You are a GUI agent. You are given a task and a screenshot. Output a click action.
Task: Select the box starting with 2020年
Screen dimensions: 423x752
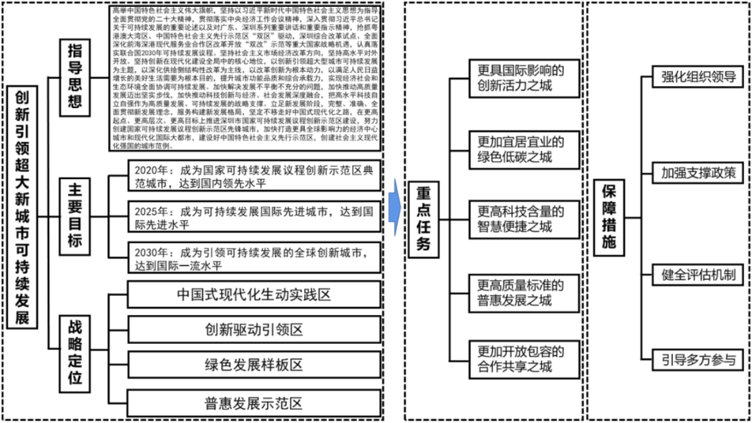(x=254, y=177)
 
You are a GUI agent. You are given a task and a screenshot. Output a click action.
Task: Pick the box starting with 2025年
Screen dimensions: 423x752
(x=254, y=217)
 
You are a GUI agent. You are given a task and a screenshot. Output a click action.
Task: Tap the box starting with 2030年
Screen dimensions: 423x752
(x=254, y=258)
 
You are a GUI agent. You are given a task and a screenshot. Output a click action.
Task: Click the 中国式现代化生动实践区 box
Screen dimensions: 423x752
(x=254, y=295)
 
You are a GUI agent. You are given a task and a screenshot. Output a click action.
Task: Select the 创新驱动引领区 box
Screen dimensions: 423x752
(x=254, y=330)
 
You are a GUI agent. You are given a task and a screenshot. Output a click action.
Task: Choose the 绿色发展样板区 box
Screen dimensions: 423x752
(x=254, y=364)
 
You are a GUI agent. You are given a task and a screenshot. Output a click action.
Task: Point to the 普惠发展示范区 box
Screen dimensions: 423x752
(x=254, y=402)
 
